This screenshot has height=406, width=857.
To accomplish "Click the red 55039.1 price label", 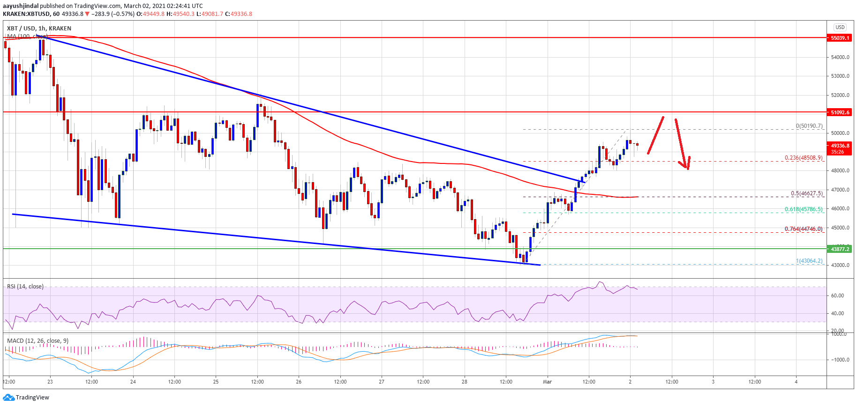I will point(840,38).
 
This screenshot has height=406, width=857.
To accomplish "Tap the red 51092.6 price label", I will point(840,112).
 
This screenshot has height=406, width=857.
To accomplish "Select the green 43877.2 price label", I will point(840,249).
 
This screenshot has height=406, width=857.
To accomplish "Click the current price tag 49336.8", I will point(840,146).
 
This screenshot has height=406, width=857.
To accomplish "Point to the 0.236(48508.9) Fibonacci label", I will point(804,158).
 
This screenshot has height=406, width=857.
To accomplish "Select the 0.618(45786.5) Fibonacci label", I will point(804,209).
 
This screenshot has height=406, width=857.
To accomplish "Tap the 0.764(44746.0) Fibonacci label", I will point(804,229).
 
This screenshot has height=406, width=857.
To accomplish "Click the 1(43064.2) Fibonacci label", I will point(809,261).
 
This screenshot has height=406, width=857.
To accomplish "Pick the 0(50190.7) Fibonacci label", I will point(809,126).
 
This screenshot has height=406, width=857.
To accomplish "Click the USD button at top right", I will point(840,27).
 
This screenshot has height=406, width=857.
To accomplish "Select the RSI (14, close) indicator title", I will point(25,287).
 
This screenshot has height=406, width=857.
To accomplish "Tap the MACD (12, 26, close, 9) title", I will point(38,341).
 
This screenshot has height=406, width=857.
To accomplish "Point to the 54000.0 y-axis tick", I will point(840,57).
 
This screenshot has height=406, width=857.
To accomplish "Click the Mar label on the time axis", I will point(547,382).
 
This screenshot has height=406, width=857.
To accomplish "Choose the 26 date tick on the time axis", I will point(299,382).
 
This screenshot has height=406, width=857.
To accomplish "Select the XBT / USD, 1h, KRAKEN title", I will point(39,28).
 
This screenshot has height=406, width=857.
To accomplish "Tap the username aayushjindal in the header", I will point(20,6).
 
